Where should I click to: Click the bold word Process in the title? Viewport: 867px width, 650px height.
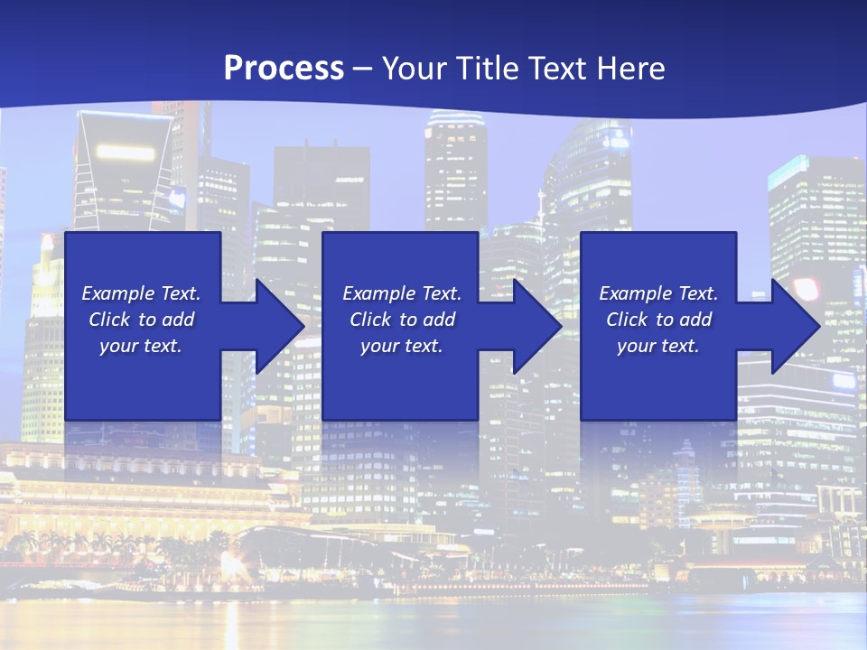tap(284, 69)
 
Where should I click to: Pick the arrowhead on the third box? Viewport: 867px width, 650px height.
tap(795, 326)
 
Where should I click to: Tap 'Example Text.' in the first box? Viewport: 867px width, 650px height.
tap(141, 293)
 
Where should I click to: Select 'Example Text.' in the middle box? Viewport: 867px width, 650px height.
tap(402, 293)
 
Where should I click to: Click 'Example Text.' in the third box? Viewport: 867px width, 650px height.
tap(658, 293)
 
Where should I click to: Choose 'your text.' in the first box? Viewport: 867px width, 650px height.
tap(141, 346)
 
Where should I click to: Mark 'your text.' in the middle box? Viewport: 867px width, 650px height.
tap(402, 346)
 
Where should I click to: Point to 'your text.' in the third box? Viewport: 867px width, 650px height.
tap(658, 346)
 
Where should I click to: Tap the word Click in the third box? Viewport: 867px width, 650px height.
tap(627, 320)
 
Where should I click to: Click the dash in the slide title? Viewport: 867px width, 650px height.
tap(362, 69)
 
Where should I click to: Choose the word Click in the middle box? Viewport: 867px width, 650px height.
tap(370, 320)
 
